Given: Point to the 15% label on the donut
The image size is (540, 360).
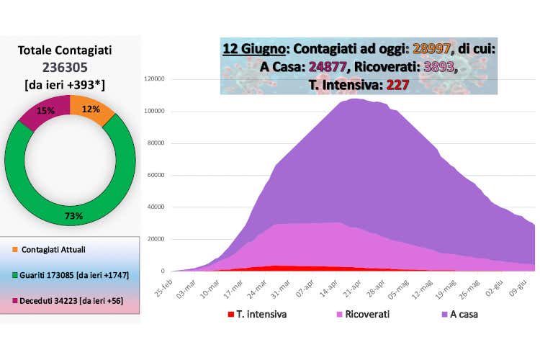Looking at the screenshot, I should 45,111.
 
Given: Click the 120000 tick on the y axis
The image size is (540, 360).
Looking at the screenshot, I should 156,79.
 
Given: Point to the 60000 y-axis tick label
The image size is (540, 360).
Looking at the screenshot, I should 158,175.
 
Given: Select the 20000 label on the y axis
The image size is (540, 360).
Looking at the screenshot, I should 158,239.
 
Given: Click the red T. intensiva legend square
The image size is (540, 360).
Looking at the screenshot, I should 230,314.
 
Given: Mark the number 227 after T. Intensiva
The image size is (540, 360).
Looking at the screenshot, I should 397,84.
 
